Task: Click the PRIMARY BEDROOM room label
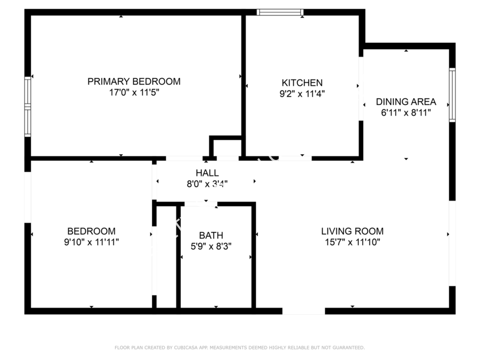134,82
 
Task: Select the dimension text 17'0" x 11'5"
134,92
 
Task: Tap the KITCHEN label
302,83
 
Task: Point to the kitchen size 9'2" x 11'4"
302,93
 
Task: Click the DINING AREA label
406,102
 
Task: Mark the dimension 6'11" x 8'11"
406,113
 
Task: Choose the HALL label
207,173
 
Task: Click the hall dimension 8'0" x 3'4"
207,183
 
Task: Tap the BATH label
211,235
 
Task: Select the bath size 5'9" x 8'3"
211,246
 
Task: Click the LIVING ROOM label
353,231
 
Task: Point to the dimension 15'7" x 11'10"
353,242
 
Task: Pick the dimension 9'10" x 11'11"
91,242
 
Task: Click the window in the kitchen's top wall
280,12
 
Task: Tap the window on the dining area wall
452,95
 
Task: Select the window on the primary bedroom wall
28,107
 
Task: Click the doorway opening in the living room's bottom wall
303,311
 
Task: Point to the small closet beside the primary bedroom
227,148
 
